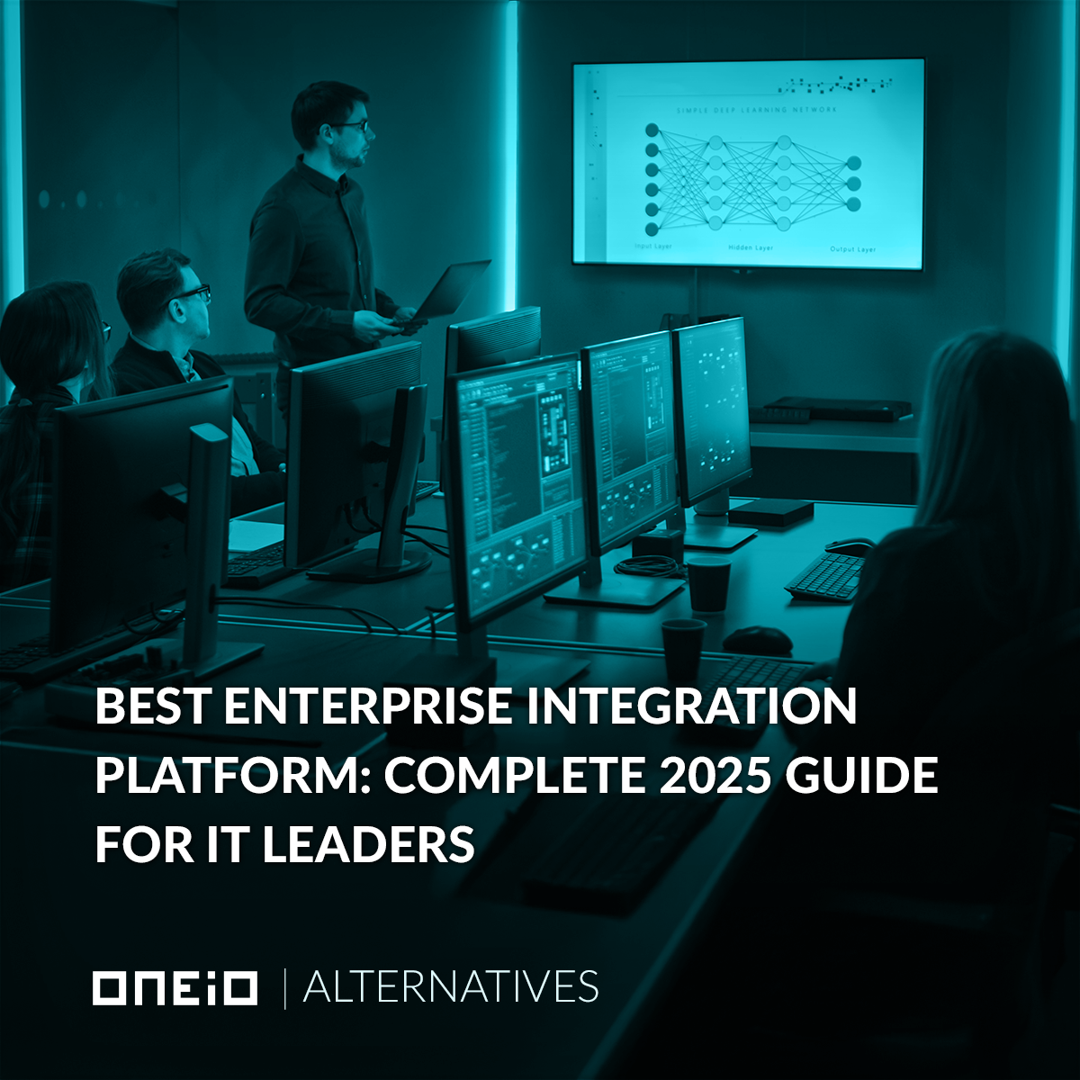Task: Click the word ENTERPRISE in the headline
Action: click(369, 706)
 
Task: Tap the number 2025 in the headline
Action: click(715, 775)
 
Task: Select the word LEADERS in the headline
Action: click(369, 843)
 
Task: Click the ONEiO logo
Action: click(175, 987)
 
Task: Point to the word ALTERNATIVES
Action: click(451, 987)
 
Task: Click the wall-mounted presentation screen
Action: click(748, 163)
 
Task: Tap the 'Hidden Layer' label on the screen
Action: click(751, 247)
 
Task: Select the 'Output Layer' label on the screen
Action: click(852, 249)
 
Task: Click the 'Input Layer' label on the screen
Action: click(652, 246)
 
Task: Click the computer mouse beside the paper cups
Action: click(757, 640)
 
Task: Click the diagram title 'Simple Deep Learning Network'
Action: click(756, 110)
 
